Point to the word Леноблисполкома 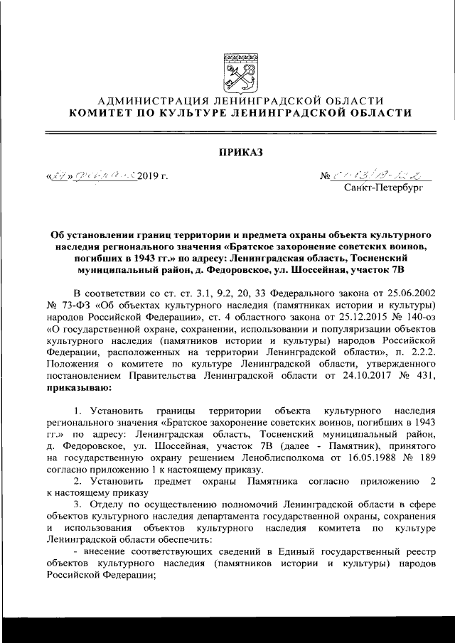276,460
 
